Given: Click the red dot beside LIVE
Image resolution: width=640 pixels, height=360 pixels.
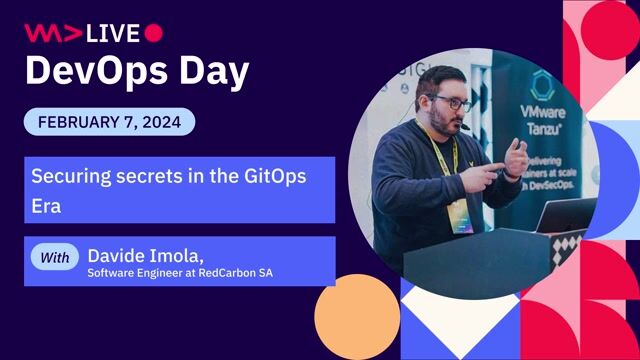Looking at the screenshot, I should tap(153, 33).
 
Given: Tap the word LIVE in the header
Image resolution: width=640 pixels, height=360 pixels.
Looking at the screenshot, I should tap(113, 33).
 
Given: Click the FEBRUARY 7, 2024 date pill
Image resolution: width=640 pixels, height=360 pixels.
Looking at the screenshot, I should tap(109, 122).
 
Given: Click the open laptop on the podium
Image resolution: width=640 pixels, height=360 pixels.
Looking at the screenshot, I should tap(565, 214).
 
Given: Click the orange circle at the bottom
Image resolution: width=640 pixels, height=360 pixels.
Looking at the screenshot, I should tap(357, 317).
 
